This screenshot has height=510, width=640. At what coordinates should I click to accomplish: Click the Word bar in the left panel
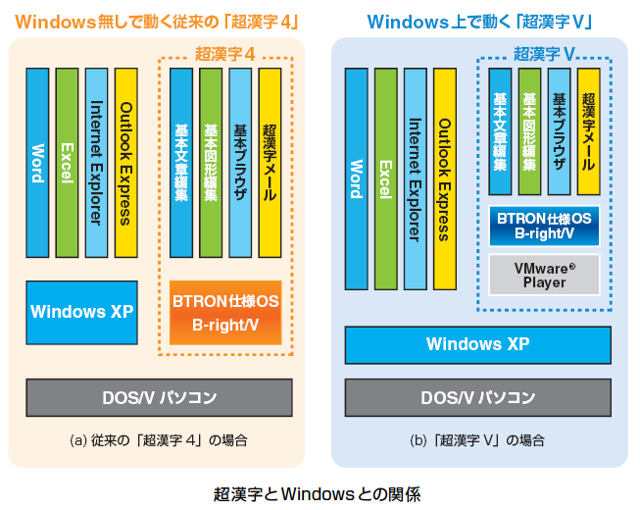(37, 163)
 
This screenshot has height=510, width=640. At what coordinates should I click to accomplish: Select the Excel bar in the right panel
(386, 178)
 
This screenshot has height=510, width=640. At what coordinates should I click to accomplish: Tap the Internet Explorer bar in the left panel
(96, 163)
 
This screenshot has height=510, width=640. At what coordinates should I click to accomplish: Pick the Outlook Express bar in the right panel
(445, 178)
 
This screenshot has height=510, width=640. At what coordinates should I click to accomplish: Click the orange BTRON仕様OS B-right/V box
(225, 313)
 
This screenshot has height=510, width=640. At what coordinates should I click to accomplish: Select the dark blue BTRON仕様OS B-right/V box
(544, 226)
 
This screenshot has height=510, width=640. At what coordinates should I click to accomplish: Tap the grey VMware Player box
(544, 275)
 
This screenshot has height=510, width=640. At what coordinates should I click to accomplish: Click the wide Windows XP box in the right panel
(478, 345)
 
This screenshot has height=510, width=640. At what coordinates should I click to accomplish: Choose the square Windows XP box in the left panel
(81, 312)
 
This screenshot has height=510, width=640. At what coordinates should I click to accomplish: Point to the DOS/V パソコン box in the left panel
(159, 398)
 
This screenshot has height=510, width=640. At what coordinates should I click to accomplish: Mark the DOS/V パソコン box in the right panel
(478, 398)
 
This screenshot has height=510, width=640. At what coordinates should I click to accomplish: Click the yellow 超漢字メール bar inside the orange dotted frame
(270, 163)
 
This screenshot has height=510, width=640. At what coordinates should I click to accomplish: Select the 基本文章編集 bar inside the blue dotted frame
(500, 131)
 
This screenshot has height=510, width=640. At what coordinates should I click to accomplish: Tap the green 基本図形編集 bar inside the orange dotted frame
(211, 163)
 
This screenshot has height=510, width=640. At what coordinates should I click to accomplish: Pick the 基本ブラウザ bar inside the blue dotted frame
(559, 131)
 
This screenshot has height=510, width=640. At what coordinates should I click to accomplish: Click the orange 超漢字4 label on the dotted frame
(224, 54)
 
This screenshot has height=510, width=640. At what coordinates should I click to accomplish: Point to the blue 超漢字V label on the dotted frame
(544, 54)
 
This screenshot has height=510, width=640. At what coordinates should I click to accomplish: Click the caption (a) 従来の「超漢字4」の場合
(159, 440)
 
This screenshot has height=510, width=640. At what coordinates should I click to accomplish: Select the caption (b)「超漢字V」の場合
(477, 440)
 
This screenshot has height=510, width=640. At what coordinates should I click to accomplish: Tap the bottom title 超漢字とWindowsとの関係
(318, 494)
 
